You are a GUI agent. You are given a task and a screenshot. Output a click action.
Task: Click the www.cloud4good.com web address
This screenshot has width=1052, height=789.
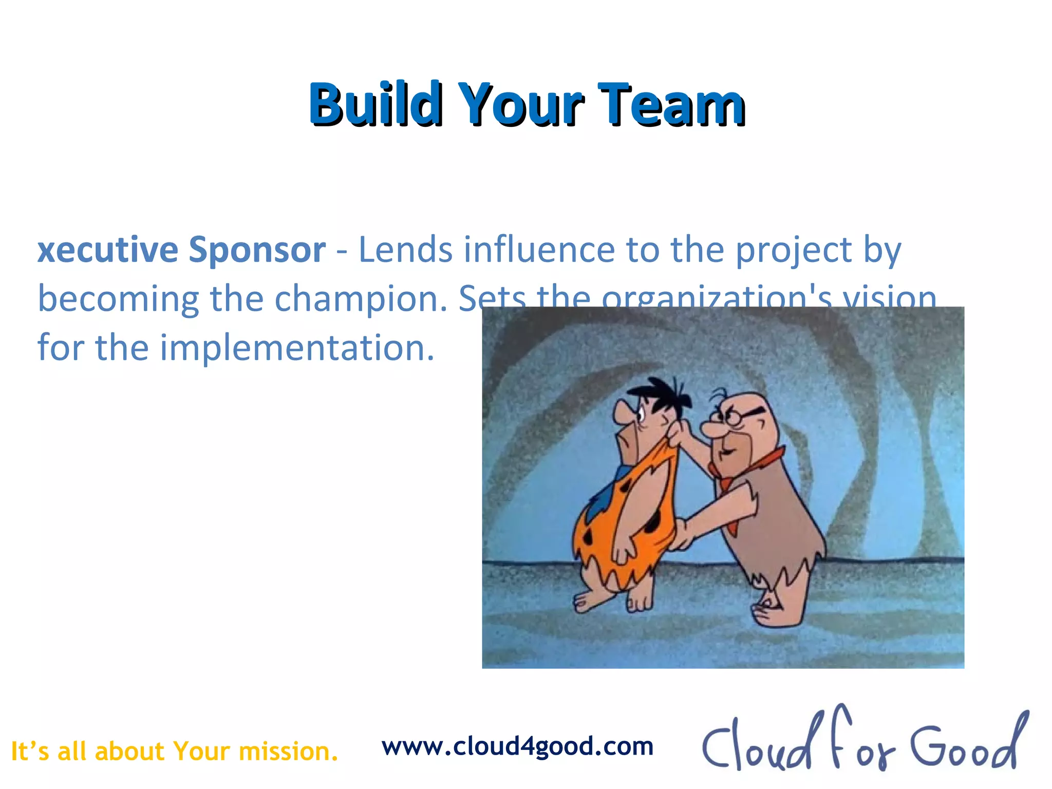517,746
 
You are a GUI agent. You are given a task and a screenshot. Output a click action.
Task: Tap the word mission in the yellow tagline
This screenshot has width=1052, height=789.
288,752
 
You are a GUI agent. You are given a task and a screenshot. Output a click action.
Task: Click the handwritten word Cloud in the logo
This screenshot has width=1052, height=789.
755,745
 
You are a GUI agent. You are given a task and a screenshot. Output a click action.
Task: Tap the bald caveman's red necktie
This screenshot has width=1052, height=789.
729,488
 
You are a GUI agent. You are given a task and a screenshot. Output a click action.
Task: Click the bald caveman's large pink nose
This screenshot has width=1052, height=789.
711,429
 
